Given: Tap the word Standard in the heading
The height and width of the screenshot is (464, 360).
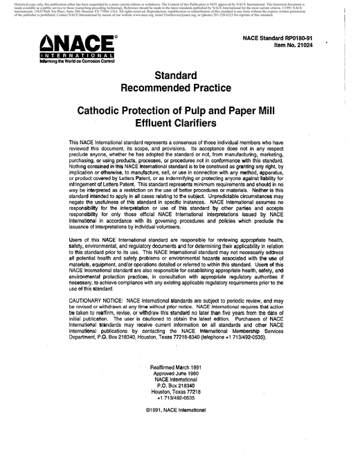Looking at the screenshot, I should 180,73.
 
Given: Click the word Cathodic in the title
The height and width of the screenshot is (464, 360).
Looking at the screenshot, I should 118,111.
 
